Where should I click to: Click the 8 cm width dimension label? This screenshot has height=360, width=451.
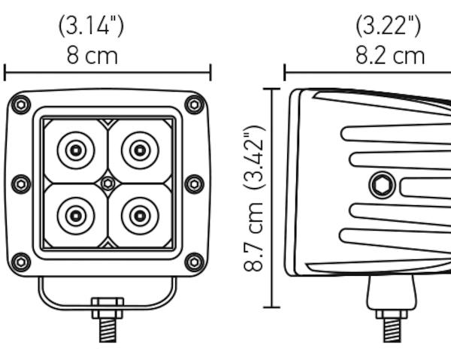[92, 56]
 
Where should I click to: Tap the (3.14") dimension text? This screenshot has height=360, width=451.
[92, 26]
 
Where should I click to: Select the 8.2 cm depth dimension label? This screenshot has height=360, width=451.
[390, 56]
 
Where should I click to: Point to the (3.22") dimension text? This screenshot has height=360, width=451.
[389, 26]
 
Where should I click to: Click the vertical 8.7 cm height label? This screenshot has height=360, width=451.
[253, 237]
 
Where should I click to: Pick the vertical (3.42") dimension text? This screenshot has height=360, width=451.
[254, 157]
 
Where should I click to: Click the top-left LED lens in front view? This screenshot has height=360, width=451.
[76, 150]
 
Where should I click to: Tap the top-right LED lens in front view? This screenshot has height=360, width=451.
[140, 150]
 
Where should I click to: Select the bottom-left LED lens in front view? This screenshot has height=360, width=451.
[76, 216]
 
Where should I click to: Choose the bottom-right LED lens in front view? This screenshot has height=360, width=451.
[140, 216]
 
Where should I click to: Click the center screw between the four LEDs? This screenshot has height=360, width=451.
[107, 183]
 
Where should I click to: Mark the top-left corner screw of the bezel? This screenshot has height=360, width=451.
[21, 104]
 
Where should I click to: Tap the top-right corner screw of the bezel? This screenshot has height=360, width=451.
[195, 104]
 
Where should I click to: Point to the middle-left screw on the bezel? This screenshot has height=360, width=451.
[21, 183]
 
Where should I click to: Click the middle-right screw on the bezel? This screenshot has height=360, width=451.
[195, 183]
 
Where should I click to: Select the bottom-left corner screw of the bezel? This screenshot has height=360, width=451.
[21, 262]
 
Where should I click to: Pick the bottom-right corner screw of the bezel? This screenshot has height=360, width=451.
[195, 262]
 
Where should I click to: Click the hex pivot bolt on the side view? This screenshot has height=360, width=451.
[382, 185]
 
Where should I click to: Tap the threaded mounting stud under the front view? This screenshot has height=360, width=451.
[107, 330]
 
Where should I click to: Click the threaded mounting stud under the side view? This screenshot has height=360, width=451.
[392, 330]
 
